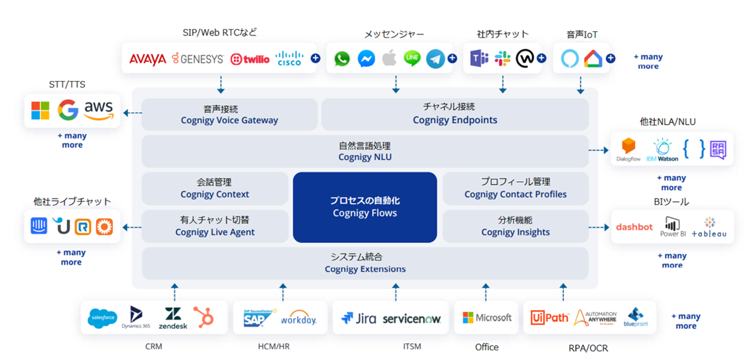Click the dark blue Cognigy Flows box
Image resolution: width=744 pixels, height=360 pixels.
(365, 207)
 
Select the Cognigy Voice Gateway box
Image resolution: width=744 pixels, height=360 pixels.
(229, 114)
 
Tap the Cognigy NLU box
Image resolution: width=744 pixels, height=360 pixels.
(365, 151)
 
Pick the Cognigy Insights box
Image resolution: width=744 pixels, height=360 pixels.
(515, 226)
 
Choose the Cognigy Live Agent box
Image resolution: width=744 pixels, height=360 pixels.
(214, 226)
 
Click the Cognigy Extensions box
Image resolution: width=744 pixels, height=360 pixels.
(365, 263)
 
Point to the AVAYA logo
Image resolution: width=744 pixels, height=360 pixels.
(148, 59)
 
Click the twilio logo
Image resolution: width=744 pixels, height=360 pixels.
(250, 59)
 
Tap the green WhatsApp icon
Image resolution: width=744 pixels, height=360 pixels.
(342, 59)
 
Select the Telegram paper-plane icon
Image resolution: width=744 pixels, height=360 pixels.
(435, 59)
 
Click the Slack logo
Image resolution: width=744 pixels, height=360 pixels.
(503, 58)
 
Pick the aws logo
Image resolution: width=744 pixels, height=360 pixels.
(99, 110)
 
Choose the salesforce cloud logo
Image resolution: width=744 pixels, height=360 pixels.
(103, 318)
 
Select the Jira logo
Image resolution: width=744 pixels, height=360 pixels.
(358, 318)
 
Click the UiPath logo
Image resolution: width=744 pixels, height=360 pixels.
(550, 317)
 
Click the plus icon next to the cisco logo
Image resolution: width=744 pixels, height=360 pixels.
(315, 58)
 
